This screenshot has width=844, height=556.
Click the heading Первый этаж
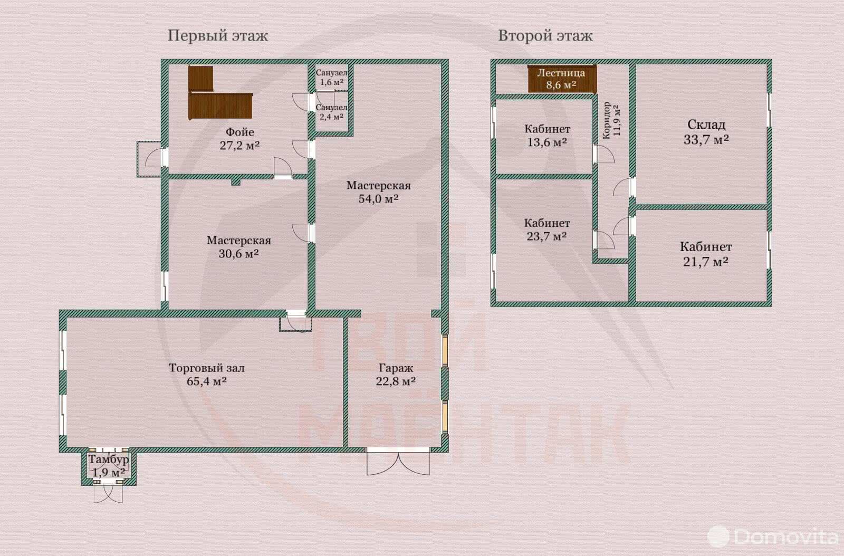217,35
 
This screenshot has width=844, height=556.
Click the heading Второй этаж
545,35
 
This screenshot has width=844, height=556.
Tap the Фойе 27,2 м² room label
239,139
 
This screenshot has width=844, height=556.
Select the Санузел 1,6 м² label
331,78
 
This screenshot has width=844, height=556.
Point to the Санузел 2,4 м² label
331,112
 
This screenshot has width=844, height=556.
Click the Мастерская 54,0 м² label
378,192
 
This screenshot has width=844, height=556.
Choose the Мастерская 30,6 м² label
238,247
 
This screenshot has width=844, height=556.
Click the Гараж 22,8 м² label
396,375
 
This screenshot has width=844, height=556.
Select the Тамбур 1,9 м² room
108,466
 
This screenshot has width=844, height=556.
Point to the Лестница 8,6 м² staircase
561,79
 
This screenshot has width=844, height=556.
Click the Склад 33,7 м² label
706,132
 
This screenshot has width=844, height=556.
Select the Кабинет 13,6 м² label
547,136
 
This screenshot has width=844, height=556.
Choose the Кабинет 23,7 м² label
547,229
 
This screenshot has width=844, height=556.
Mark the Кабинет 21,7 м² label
706,254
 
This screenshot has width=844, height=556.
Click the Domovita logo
773,537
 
